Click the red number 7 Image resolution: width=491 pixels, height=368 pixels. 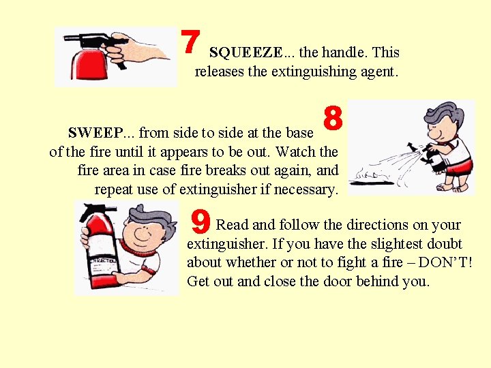click(x=191, y=42)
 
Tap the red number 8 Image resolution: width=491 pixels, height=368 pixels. click(x=333, y=118)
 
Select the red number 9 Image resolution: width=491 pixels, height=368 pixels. click(x=200, y=221)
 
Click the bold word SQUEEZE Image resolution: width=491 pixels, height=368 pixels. click(x=245, y=52)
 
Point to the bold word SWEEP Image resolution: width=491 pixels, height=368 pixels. click(x=96, y=133)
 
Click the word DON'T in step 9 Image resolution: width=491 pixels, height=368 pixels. click(x=445, y=262)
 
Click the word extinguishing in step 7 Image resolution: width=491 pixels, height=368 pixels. click(x=314, y=72)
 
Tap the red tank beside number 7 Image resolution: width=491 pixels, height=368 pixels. click(x=89, y=65)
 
